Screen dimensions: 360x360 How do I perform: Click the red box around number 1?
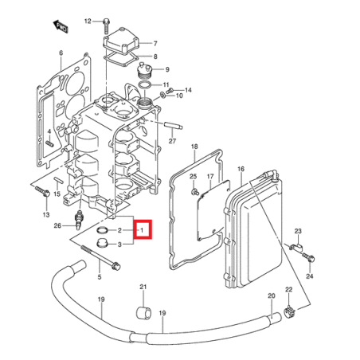tap(143, 229)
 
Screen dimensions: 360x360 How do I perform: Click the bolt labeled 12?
tap(106, 25)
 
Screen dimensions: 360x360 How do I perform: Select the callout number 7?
tap(155, 44)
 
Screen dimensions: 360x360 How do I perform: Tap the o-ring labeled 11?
tap(145, 85)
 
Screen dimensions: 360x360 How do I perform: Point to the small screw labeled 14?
tap(170, 91)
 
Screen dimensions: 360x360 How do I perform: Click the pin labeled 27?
tap(174, 124)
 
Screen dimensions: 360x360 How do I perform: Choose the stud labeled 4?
tap(49, 143)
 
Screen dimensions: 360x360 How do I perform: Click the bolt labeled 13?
tap(42, 191)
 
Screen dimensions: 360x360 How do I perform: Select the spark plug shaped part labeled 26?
tap(78, 220)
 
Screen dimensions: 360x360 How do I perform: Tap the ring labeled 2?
tap(102, 230)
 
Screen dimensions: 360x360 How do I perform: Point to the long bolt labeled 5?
tap(100, 256)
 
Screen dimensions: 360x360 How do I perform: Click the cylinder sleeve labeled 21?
tap(143, 313)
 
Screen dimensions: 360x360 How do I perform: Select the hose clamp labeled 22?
tap(289, 311)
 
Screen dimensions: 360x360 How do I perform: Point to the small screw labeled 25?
tap(195, 191)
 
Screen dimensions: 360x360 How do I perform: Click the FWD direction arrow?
tap(61, 26)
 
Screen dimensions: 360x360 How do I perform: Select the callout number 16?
tap(241, 169)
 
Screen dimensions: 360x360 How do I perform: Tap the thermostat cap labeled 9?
tap(144, 70)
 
